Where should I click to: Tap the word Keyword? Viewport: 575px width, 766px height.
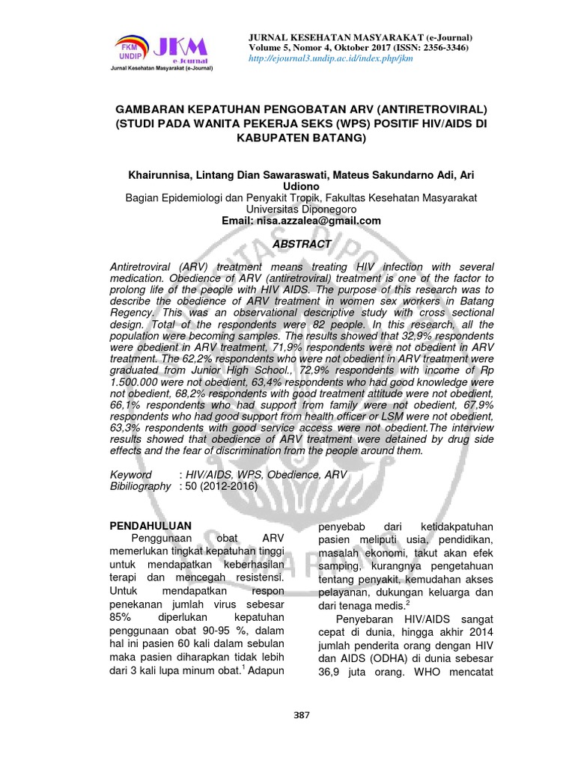(x=131, y=475)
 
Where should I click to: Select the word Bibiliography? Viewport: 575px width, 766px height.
(x=141, y=486)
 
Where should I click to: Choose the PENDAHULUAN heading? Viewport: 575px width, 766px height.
(x=150, y=526)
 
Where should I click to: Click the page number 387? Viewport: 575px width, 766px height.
(x=302, y=715)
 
